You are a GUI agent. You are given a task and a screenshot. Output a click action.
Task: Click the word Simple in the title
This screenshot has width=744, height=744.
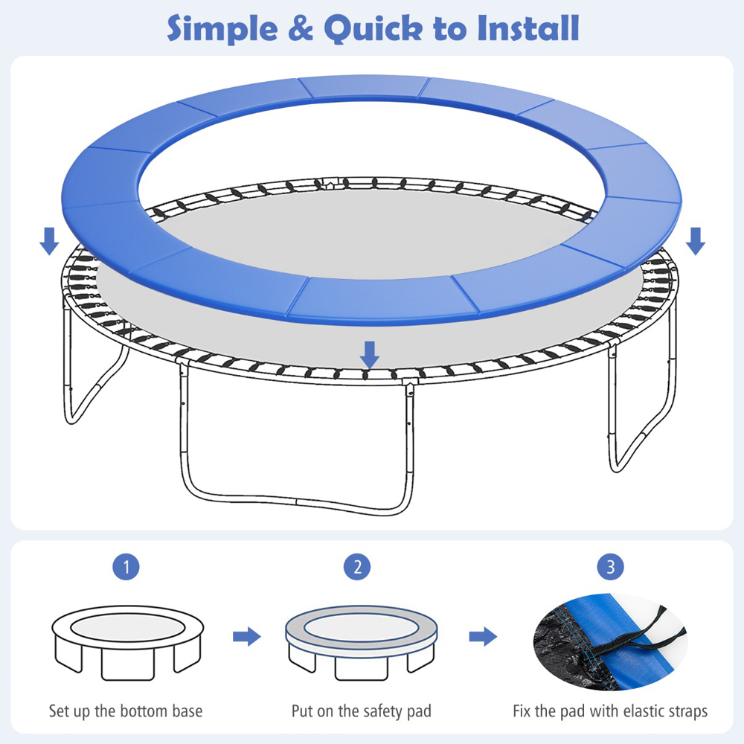(222, 28)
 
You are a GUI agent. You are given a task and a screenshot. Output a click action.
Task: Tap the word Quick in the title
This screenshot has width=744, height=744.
(373, 28)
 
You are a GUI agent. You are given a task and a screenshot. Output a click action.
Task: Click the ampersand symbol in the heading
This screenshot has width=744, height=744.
(301, 28)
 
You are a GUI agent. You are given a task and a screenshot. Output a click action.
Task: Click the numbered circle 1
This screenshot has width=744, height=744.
(126, 566)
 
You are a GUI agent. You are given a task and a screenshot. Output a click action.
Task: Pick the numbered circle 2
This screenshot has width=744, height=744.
(357, 566)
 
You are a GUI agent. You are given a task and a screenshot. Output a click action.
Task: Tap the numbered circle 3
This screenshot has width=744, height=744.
(611, 566)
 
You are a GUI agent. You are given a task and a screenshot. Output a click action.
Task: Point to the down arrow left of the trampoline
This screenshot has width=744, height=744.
(49, 241)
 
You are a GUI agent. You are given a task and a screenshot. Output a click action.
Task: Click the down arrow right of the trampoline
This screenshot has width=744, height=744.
(696, 241)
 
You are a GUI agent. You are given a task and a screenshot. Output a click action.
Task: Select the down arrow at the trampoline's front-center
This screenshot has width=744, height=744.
(370, 355)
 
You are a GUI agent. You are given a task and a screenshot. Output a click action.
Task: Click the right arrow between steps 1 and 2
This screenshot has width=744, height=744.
(247, 636)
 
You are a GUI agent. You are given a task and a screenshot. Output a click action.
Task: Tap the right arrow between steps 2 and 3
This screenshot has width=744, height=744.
(483, 636)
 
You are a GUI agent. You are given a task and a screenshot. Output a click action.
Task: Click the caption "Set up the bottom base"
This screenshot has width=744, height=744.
(126, 711)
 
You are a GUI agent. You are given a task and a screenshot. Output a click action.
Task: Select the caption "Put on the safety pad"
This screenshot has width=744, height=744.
(362, 711)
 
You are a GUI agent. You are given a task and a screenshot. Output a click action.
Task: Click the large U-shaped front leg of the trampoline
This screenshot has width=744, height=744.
(296, 501)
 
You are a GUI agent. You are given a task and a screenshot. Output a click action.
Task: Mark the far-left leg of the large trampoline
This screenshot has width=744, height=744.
(71, 379)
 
